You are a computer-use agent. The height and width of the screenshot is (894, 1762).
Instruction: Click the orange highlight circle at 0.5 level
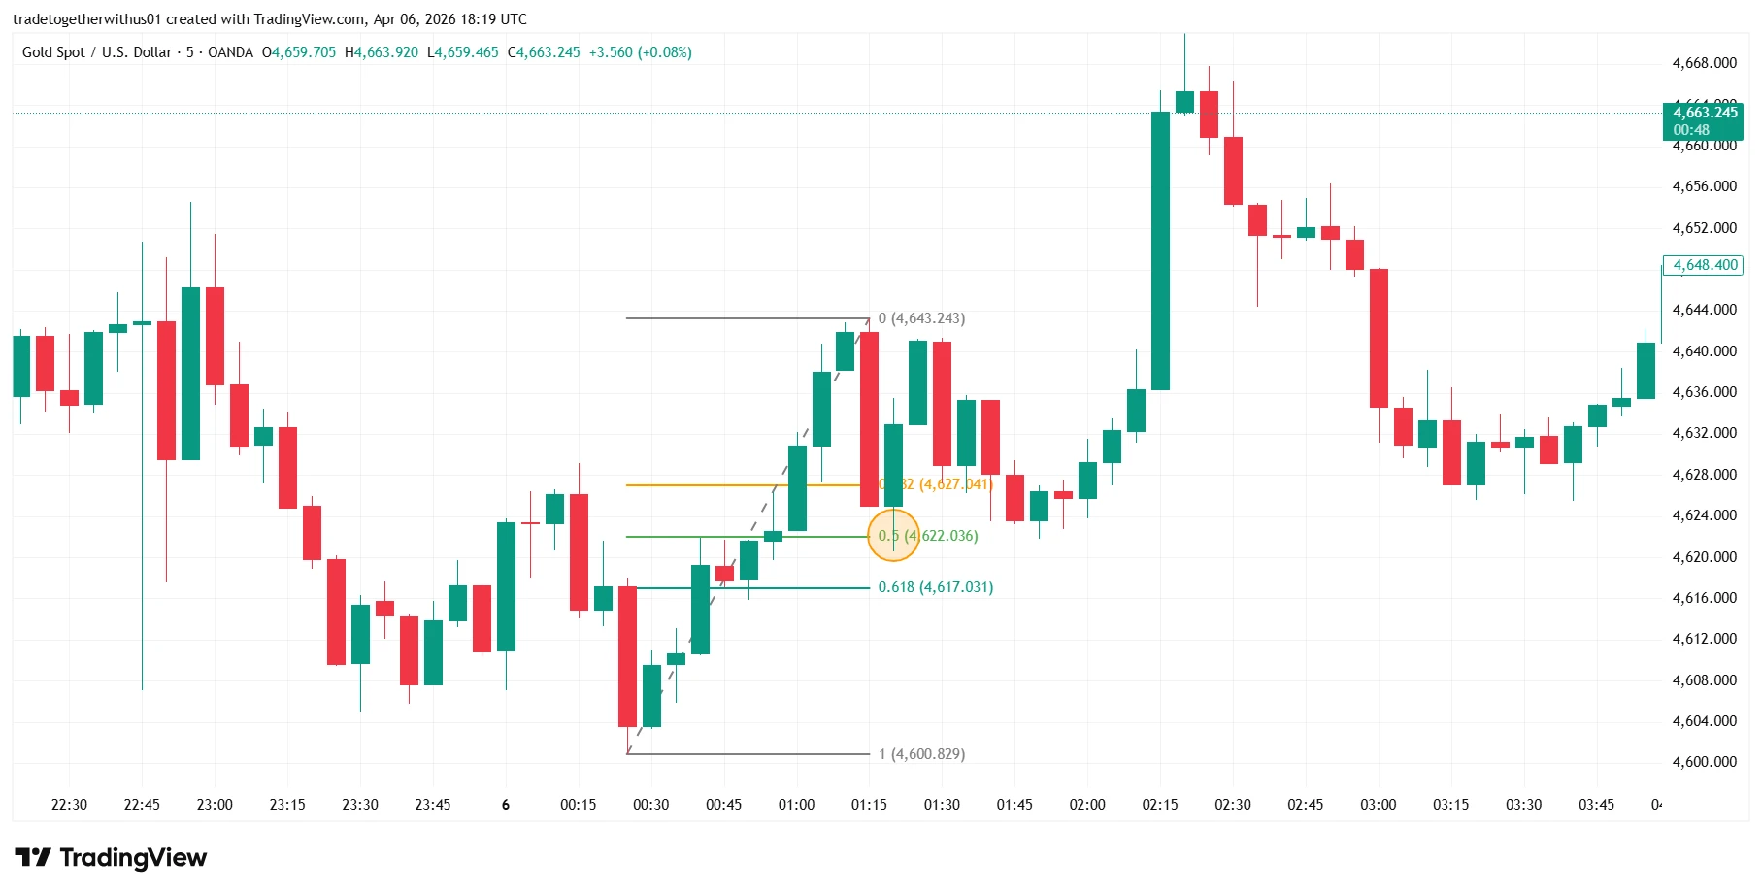(x=892, y=536)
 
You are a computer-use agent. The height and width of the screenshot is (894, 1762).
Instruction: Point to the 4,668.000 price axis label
(x=1704, y=63)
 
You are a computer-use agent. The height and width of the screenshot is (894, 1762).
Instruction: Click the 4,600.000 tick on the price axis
(x=1704, y=762)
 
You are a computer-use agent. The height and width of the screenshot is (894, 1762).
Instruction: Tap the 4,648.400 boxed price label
(x=1704, y=265)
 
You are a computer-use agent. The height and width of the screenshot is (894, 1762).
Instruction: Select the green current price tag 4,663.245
(x=1704, y=120)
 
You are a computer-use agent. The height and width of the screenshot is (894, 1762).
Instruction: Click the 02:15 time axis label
(x=1160, y=805)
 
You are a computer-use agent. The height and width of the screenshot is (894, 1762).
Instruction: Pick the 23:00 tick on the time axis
(x=215, y=805)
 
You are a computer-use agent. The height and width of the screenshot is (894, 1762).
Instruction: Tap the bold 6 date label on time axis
(x=506, y=805)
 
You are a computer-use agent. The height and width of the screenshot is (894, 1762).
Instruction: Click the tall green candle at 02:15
(x=1160, y=250)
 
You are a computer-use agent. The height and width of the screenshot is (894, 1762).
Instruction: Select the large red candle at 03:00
(x=1379, y=338)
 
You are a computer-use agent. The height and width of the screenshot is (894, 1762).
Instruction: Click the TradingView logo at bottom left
(x=111, y=858)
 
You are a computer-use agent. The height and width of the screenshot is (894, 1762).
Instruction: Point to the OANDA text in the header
(x=230, y=52)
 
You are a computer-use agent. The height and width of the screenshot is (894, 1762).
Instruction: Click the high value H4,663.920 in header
(x=382, y=52)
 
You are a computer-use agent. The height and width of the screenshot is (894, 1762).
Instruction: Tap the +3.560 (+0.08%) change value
(x=640, y=52)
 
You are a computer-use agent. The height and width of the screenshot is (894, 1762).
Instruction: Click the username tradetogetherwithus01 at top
(x=86, y=19)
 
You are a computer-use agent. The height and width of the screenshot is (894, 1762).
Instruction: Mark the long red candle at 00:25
(x=627, y=656)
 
